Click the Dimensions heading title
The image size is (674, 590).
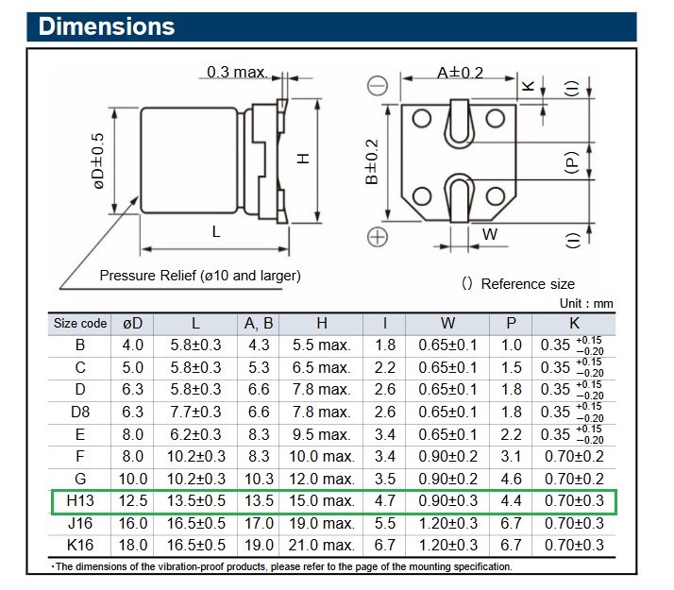107,26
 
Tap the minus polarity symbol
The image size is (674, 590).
378,86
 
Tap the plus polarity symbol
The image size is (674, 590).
378,237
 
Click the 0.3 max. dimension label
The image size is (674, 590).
237,72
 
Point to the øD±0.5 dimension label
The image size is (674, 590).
98,160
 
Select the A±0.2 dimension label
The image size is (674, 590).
460,73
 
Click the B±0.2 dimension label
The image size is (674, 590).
372,161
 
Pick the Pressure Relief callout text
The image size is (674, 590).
200,276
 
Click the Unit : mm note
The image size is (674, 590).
586,303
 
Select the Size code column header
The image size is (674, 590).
80,323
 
